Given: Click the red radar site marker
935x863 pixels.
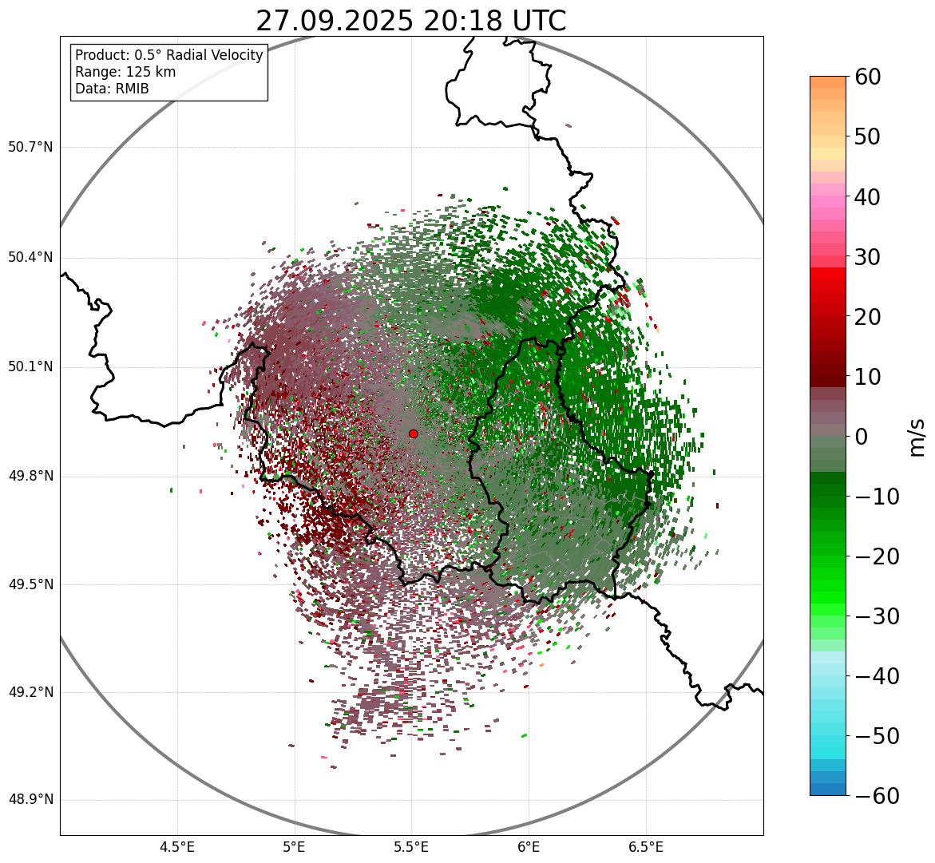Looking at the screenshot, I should click(x=413, y=433).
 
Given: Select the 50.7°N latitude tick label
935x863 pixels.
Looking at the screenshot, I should click(x=30, y=147).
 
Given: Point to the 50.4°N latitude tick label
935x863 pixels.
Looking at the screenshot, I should click(x=30, y=257).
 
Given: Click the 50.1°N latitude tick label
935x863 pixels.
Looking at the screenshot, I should click(x=30, y=367).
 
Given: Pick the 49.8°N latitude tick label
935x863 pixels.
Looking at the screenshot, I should click(x=30, y=476).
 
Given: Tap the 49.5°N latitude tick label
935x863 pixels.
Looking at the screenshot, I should click(x=30, y=584).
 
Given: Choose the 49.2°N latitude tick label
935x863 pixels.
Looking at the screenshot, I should click(x=30, y=692).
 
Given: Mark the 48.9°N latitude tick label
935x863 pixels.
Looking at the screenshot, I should click(x=30, y=800).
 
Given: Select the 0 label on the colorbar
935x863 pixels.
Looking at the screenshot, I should click(x=862, y=437).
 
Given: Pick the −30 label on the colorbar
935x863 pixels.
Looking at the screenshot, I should click(x=877, y=616).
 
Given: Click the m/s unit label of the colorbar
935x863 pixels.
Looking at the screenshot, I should click(x=917, y=437).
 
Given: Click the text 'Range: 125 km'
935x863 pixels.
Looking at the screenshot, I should click(x=125, y=72).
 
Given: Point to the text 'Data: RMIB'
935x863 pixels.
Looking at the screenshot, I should click(x=112, y=89).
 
